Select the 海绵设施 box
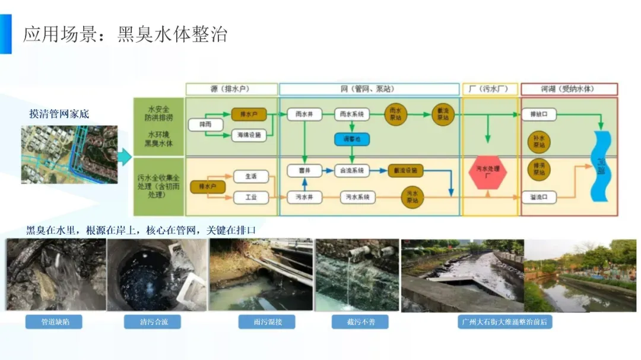[246, 135]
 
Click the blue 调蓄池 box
[351, 139]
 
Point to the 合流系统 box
[351, 170]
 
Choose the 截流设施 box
[406, 170]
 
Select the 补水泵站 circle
[539, 141]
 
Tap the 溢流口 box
[539, 196]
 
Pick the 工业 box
[251, 196]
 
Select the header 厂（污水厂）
[490, 90]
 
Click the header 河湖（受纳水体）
[569, 90]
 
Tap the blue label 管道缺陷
[53, 322]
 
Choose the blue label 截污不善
[360, 322]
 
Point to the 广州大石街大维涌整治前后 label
[506, 322]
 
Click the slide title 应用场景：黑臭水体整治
[125, 34]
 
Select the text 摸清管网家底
[59, 114]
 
